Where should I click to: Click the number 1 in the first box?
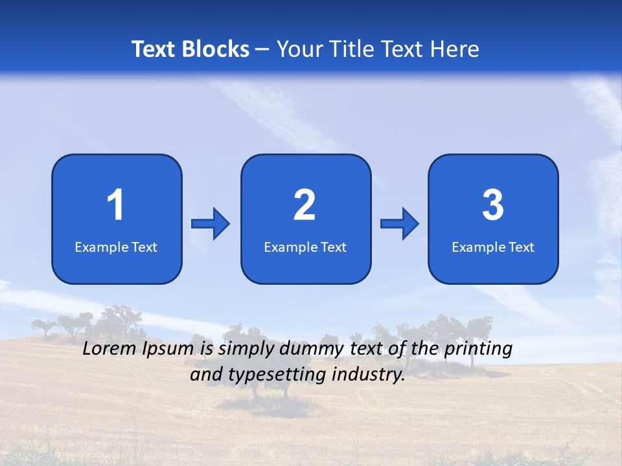pyautogui.click(x=115, y=205)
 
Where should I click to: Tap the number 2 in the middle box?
pyautogui.click(x=305, y=205)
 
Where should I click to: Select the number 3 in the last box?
pyautogui.click(x=493, y=205)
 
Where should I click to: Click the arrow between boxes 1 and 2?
pyautogui.click(x=211, y=224)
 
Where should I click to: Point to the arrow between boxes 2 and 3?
pyautogui.click(x=400, y=224)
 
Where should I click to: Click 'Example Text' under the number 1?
pyautogui.click(x=116, y=247)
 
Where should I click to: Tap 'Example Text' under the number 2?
pyautogui.click(x=305, y=247)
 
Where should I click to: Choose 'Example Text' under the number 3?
pyautogui.click(x=493, y=247)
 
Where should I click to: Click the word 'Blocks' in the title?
pyautogui.click(x=215, y=49)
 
